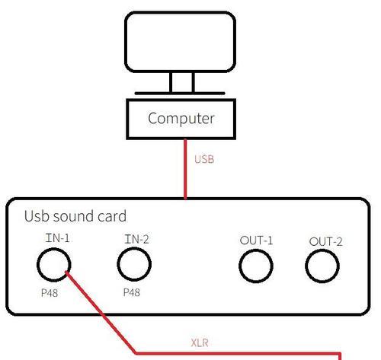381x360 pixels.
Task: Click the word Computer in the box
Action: pyautogui.click(x=181, y=119)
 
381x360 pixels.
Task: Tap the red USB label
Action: pyautogui.click(x=204, y=160)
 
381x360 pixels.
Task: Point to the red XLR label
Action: pyautogui.click(x=200, y=343)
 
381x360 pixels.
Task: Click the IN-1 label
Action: pyautogui.click(x=57, y=238)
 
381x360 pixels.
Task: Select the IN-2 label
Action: pyautogui.click(x=136, y=239)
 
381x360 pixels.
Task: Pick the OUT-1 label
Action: pyautogui.click(x=256, y=241)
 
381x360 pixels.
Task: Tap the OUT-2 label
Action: pyautogui.click(x=325, y=241)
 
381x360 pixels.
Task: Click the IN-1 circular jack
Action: pyautogui.click(x=37, y=265)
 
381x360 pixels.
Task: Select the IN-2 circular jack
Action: pyautogui.click(x=118, y=264)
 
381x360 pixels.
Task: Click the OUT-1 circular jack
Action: pyautogui.click(x=239, y=266)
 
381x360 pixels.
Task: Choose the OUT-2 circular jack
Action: pyautogui.click(x=306, y=266)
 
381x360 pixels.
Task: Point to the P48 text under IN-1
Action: pyautogui.click(x=50, y=293)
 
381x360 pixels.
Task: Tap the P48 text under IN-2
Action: pyautogui.click(x=132, y=292)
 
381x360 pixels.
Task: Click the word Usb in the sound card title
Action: pyautogui.click(x=37, y=216)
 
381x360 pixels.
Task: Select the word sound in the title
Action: pyautogui.click(x=73, y=216)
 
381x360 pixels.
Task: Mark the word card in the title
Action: pyautogui.click(x=112, y=216)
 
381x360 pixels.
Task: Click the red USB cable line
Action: pyautogui.click(x=185, y=169)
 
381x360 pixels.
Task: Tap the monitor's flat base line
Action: pyautogui.click(x=180, y=94)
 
